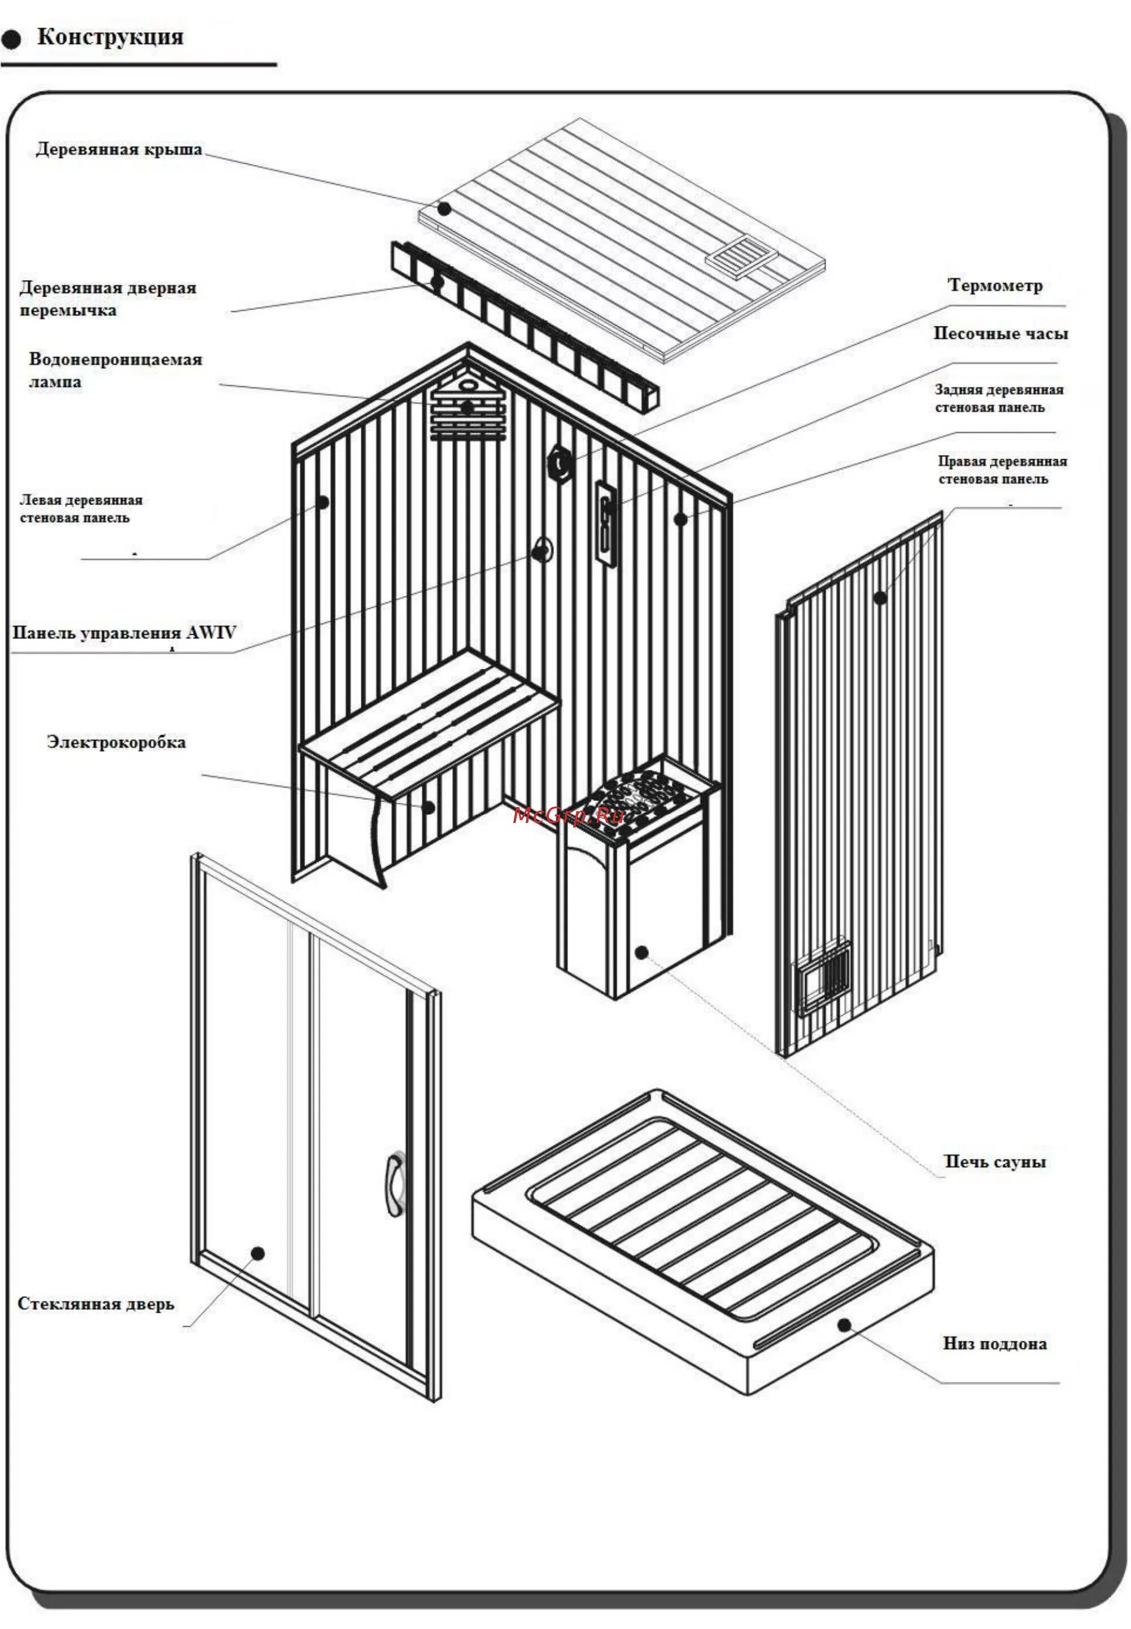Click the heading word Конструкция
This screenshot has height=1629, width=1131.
coord(110,37)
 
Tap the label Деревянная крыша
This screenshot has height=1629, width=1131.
coord(119,150)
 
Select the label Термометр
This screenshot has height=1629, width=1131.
coord(995,286)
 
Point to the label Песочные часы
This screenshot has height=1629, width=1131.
coord(1000,334)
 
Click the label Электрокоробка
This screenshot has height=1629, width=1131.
coord(116,742)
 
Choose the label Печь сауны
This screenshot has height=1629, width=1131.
coord(994,1161)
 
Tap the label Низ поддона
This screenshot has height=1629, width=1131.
coord(994,1343)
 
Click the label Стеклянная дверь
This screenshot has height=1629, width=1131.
coord(95,1304)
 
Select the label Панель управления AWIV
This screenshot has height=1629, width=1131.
coord(124,633)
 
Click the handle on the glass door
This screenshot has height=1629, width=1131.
coord(395,1184)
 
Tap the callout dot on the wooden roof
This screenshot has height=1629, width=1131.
coord(444,208)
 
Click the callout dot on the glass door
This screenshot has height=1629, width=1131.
coord(258,1253)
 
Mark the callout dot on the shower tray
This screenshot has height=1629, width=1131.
coord(844,1325)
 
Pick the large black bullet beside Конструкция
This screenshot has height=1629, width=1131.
coord(11,40)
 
